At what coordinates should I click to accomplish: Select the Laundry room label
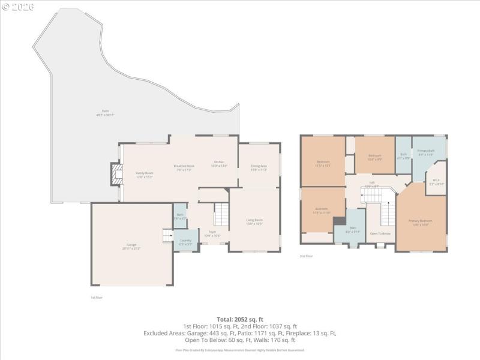point(185,242)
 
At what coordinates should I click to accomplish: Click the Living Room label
point(254,221)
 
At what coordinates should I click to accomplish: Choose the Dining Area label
point(259,167)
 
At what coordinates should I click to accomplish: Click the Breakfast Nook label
point(184,167)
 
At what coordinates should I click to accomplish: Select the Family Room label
point(145,174)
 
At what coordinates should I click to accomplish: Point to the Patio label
point(105,112)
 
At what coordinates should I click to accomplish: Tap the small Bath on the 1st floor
point(180,216)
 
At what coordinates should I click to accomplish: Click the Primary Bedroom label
point(421,222)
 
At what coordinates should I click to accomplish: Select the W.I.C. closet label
point(437,181)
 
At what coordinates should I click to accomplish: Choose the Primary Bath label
point(426,152)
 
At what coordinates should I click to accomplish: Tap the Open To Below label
point(380,233)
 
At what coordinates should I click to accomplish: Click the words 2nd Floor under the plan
point(306,256)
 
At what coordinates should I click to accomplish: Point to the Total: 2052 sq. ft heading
point(240,319)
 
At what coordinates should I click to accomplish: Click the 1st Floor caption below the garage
point(97,297)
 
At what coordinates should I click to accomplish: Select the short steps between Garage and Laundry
point(167,236)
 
